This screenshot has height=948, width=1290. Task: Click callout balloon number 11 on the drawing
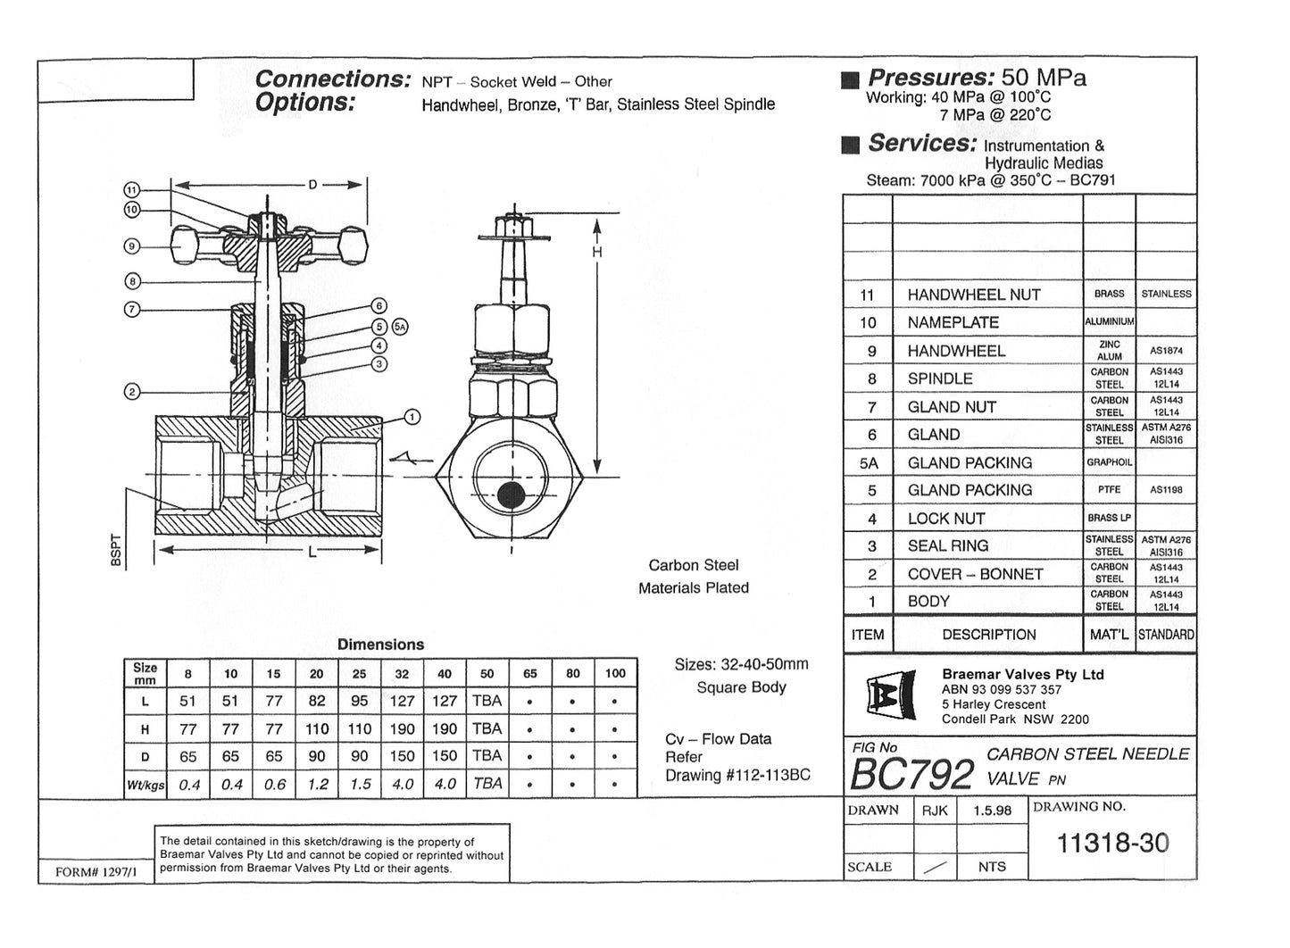coord(131,190)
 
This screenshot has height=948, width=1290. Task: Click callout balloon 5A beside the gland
coord(400,327)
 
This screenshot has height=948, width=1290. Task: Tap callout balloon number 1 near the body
coord(412,417)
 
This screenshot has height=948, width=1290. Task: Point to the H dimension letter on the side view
coord(597,253)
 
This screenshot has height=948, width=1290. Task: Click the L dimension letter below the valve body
coord(312,553)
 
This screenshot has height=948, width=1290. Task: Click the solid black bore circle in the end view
coord(511,495)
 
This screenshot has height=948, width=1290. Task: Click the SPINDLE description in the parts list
coord(939,378)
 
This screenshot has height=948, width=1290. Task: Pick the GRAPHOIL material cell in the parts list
coord(1109,462)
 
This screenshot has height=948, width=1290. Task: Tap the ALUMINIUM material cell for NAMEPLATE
coord(1109,322)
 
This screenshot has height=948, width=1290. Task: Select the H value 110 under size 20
coord(317,729)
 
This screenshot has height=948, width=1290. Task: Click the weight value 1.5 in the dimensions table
coord(360,785)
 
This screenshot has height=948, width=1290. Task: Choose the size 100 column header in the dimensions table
coord(615,674)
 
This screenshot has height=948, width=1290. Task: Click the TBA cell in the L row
coord(487,702)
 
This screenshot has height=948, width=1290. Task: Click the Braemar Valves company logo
coord(889,697)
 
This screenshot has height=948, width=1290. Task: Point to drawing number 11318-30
coord(1111,844)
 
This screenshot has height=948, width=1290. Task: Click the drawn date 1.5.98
coord(992,811)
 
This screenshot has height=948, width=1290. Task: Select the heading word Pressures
coord(930,78)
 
